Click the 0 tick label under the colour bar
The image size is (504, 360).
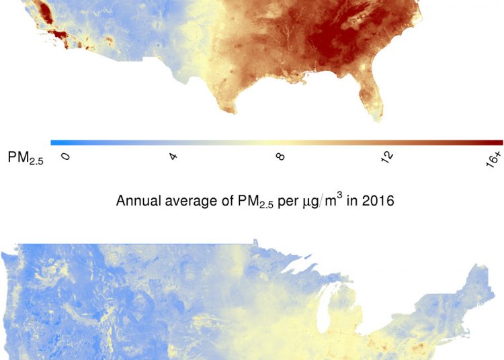point(65,156)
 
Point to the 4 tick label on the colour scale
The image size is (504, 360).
point(173,156)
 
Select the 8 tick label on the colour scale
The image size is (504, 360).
point(280,156)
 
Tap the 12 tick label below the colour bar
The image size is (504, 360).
point(388,157)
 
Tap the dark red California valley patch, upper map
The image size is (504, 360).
point(43,13)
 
